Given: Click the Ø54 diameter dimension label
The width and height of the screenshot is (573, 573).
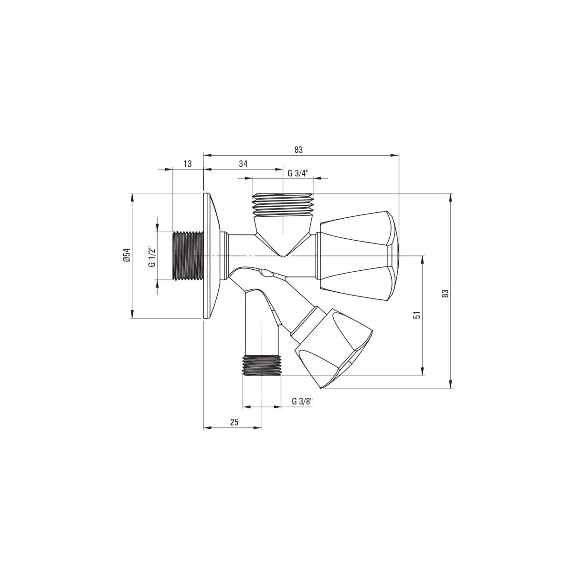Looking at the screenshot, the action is click(127, 255).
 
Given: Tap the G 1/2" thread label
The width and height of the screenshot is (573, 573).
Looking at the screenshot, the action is click(152, 256).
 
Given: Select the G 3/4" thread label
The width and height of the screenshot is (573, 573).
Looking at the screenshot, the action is click(298, 173).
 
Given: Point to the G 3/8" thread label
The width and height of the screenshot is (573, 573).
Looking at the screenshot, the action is click(303, 401).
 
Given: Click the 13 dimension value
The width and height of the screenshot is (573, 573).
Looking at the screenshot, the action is click(188, 164).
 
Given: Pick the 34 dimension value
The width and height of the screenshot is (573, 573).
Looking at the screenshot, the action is click(243, 164).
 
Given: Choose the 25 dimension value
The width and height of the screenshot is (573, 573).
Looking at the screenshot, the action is click(234, 422).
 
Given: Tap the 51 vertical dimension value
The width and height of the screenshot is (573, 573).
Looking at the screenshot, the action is click(417, 315).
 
